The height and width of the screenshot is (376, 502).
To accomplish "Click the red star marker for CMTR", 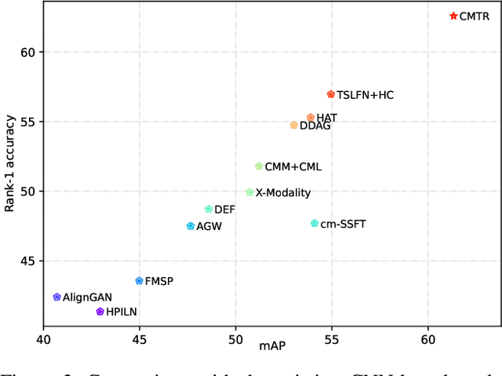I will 453,16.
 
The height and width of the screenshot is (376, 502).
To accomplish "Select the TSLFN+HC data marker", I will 331,94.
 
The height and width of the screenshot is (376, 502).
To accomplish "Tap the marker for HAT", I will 311,117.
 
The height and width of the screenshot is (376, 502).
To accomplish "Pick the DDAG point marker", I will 294,125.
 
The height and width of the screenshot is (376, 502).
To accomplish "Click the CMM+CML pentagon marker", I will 259,166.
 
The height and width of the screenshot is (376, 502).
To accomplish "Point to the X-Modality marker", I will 250,192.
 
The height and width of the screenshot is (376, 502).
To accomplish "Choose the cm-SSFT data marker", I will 315,224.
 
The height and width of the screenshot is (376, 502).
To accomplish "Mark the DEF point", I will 209,210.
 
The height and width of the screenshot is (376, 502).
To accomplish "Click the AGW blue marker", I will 191,226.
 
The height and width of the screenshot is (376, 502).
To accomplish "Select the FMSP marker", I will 140,280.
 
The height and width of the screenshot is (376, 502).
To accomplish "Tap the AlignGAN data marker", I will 57,297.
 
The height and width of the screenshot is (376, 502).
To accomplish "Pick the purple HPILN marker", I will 100,312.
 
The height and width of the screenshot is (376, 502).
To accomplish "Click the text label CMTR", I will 475,16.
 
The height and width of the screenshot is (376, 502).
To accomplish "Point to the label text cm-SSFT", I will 344,225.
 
